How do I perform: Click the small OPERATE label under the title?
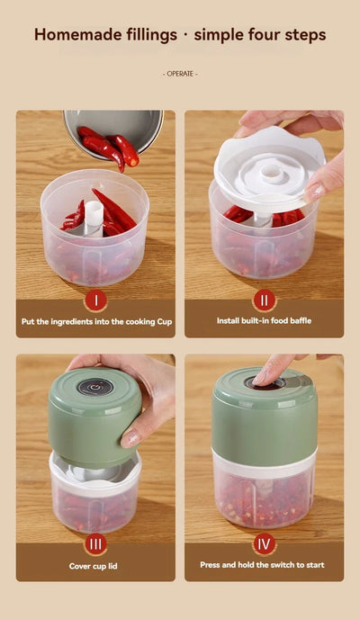click(x=180, y=73)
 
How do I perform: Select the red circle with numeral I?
click(x=95, y=300)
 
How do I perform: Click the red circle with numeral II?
click(x=264, y=300)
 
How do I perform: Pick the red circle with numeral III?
click(x=95, y=543)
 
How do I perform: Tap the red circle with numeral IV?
click(x=264, y=543)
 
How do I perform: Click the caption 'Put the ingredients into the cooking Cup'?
click(x=95, y=320)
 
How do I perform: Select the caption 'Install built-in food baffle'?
click(x=264, y=320)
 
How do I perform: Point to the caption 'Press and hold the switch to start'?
click(x=264, y=566)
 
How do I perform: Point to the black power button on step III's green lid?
click(x=91, y=387)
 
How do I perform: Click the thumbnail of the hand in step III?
click(x=131, y=437)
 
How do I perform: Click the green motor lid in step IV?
click(x=263, y=414)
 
